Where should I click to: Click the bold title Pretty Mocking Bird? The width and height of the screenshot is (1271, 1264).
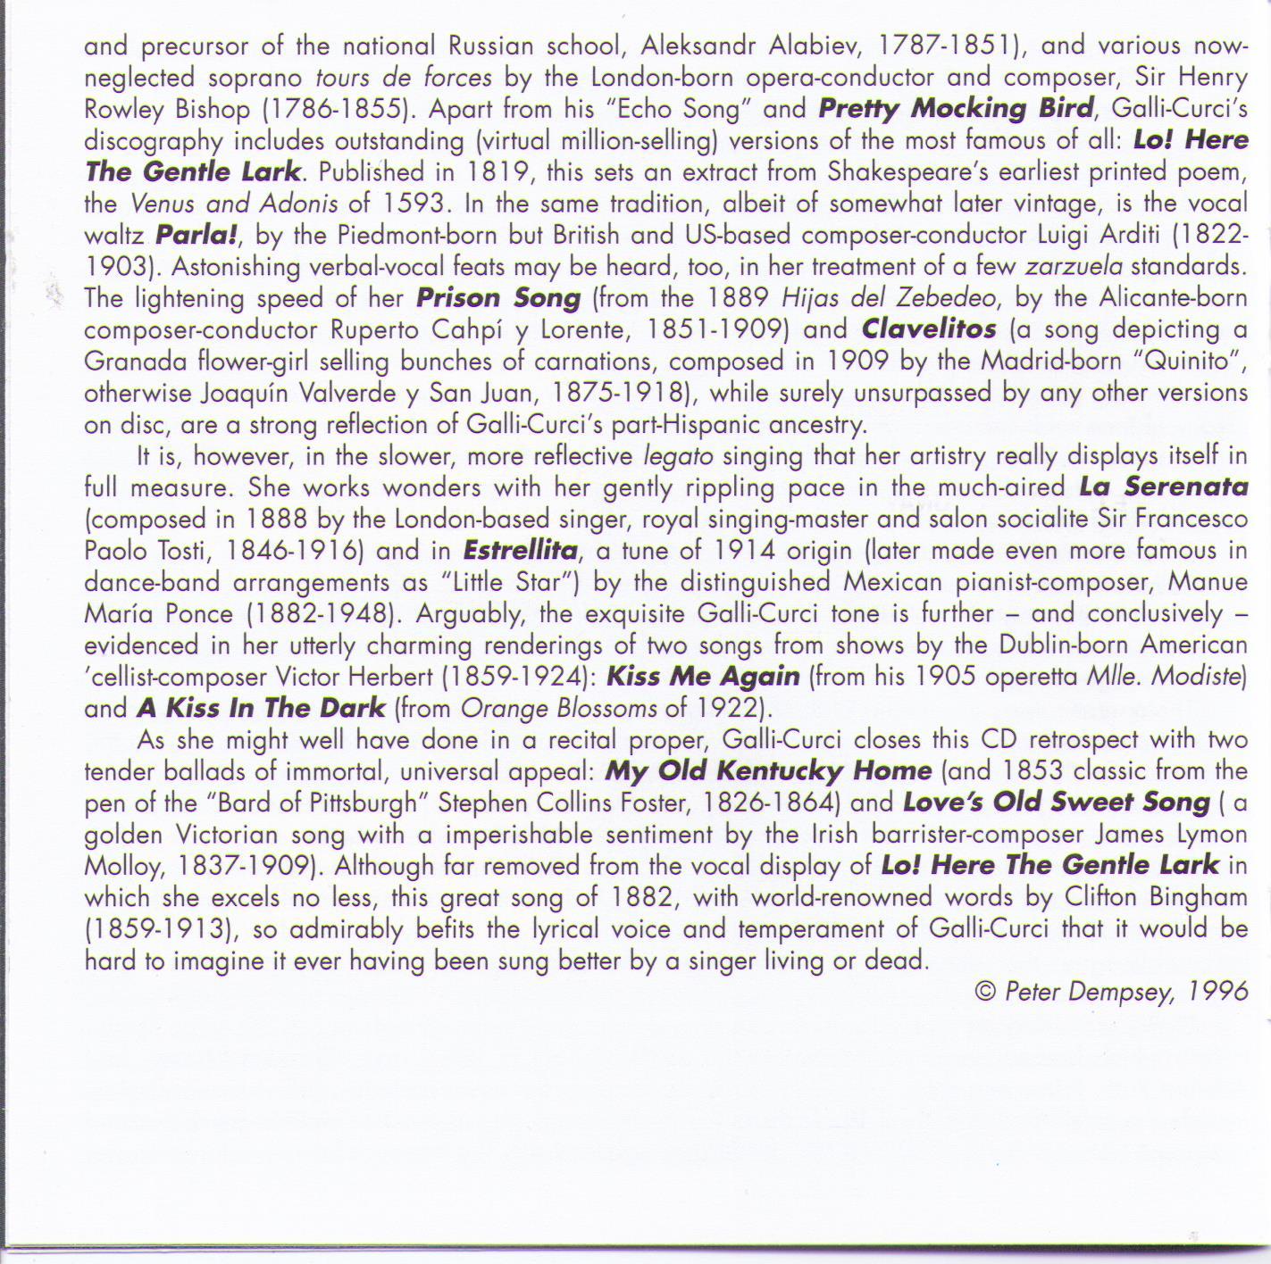[x=955, y=109]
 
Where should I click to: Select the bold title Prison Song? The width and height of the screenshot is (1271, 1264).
[x=498, y=298]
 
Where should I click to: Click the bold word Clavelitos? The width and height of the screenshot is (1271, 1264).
[x=929, y=329]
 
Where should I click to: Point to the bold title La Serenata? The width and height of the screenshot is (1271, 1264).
[x=1163, y=487]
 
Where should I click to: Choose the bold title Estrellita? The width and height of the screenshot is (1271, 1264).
[x=521, y=550]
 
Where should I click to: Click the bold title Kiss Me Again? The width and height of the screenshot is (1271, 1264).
[x=703, y=677]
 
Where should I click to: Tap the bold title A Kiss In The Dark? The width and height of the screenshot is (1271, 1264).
[x=261, y=709]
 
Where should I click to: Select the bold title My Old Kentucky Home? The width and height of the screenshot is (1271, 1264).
[x=768, y=770]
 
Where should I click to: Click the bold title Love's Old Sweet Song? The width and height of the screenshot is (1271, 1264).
[x=1057, y=802]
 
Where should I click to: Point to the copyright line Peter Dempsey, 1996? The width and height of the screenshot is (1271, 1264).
[x=1111, y=992]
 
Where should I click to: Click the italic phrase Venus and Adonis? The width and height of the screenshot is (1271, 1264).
[x=235, y=204]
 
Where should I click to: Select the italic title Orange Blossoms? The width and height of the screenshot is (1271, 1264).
[x=558, y=709]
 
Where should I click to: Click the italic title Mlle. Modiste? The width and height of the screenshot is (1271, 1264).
[x=1163, y=677]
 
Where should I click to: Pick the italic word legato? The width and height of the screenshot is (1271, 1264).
[x=678, y=456]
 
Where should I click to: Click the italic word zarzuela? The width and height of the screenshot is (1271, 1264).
[x=1074, y=267]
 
